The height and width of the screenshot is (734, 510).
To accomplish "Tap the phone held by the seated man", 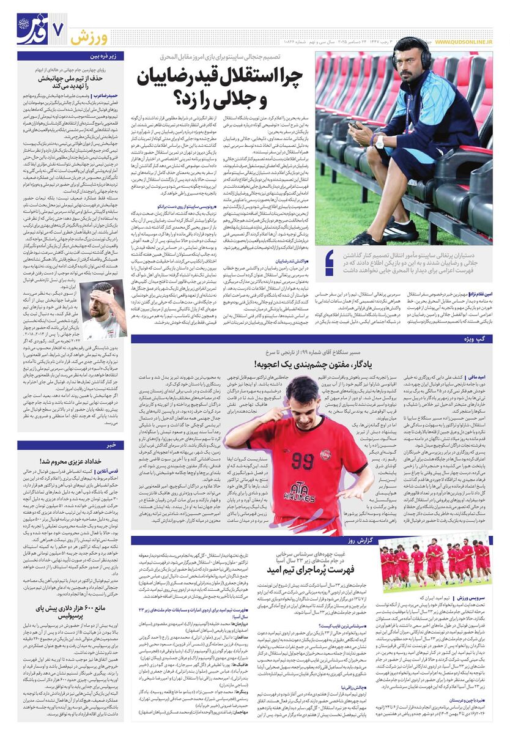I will coord(357,125).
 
